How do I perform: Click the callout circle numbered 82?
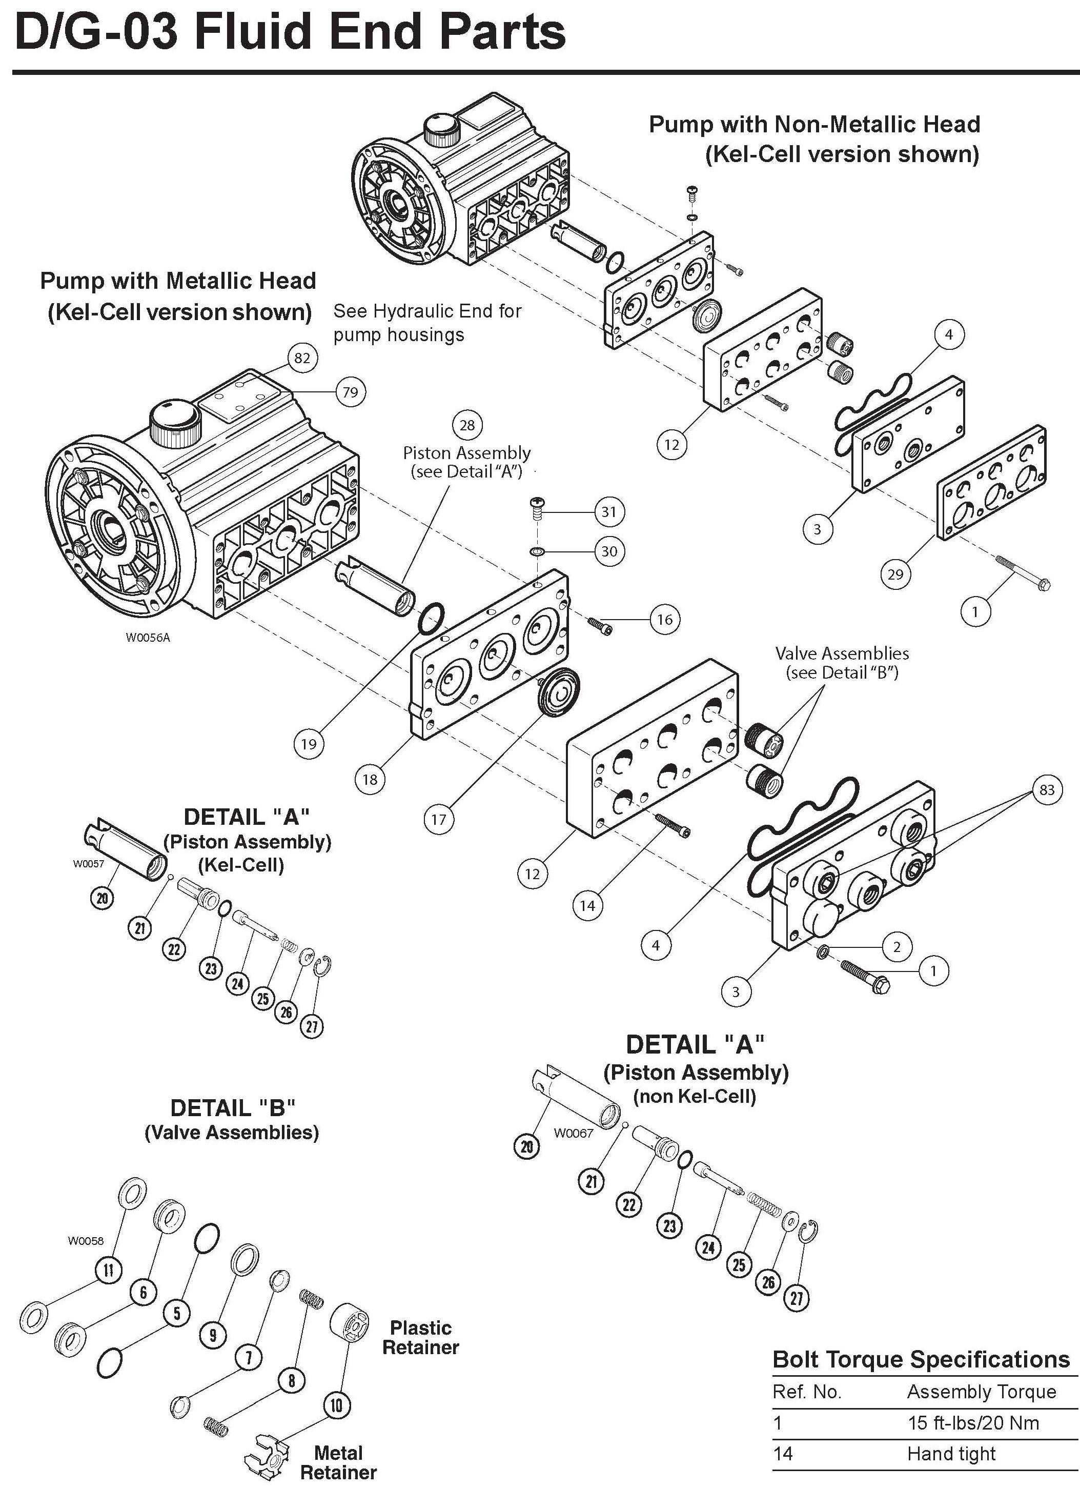tap(301, 358)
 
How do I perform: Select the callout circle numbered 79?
tap(350, 392)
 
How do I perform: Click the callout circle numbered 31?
tap(609, 511)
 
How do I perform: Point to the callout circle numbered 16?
tap(664, 620)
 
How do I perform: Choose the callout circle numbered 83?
tap(1047, 789)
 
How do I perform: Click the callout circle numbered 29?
tap(894, 574)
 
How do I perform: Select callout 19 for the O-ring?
tap(308, 744)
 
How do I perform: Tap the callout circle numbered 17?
tap(438, 819)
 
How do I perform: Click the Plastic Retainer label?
tap(420, 1338)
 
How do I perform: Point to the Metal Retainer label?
tap(338, 1461)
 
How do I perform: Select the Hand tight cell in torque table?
tap(951, 1454)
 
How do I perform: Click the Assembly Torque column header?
tap(981, 1391)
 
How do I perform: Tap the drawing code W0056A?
tap(148, 637)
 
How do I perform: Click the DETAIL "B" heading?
tap(232, 1107)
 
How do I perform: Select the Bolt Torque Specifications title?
tap(921, 1359)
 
